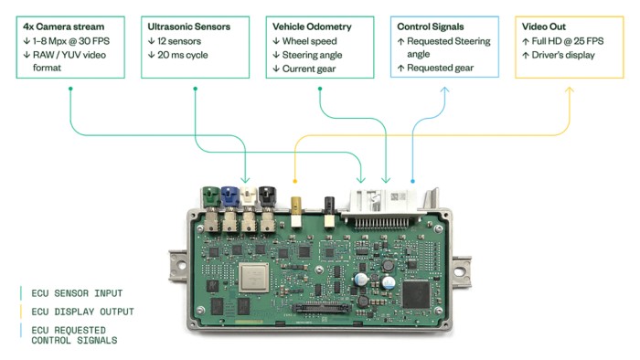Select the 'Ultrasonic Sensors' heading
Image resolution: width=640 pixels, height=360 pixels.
pos(188,27)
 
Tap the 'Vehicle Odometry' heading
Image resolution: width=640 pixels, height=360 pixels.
pos(312,27)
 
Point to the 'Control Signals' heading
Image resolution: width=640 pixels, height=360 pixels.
pos(431,27)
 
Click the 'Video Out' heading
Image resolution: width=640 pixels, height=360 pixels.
pos(544,27)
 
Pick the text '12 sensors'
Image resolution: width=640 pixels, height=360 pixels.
pos(178,41)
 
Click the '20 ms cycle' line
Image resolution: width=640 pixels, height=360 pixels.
pos(181,55)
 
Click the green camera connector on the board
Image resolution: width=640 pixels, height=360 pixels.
pos(209,196)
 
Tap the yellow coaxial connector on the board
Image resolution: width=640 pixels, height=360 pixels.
pos(295,203)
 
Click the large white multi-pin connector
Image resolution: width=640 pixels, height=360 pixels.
pos(384,204)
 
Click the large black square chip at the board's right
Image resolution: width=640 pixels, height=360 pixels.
pos(417,292)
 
